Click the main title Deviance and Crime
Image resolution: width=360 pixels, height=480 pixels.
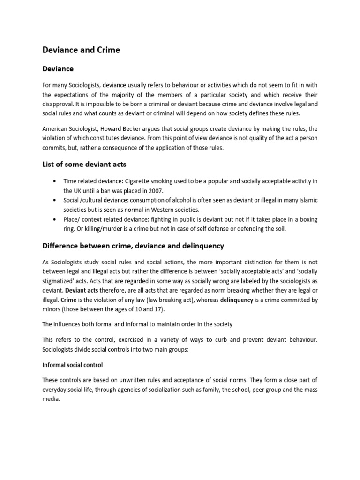click(81, 50)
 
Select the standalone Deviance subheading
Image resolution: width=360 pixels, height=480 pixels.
click(58, 69)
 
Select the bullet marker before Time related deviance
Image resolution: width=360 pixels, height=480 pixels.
click(57, 181)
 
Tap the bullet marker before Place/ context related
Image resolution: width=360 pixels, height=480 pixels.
click(57, 219)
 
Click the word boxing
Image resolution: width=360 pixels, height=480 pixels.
click(307, 219)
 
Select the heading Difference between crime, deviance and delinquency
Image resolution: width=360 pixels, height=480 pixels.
click(133, 246)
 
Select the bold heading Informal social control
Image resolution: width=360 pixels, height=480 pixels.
click(72, 364)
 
